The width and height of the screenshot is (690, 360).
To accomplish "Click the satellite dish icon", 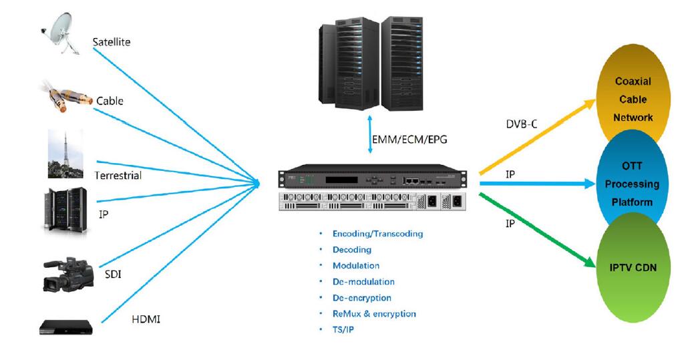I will tap(62, 34).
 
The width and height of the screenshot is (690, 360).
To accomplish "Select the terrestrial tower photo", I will tap(65, 154).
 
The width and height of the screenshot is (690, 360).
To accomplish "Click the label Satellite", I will tap(112, 42).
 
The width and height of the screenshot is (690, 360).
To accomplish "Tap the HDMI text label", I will tap(146, 320).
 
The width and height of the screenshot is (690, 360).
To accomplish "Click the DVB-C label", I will tap(522, 124).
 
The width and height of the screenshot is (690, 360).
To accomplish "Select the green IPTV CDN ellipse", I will tap(633, 267).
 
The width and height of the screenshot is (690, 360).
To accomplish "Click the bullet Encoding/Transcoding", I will tap(377, 234).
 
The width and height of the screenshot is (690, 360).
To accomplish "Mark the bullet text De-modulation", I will tap(363, 282).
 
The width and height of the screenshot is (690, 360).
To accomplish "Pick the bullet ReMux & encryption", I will tap(374, 313).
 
